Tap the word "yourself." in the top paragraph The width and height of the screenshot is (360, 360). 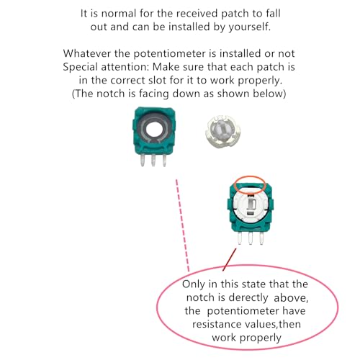click(249, 27)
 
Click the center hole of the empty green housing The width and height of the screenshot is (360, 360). click(155, 130)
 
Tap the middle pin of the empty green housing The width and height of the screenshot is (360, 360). click(153, 160)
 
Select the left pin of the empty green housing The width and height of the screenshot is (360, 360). click(142, 160)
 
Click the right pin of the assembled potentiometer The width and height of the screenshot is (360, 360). click(261, 238)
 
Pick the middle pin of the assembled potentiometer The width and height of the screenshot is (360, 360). click(251, 238)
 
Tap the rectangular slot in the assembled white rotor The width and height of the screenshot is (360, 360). click(252, 204)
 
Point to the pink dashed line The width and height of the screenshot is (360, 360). click(183, 225)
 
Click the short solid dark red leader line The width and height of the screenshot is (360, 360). click(230, 260)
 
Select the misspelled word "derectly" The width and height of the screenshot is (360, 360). click(247, 297)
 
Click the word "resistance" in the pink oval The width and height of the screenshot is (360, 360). click(216, 324)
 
